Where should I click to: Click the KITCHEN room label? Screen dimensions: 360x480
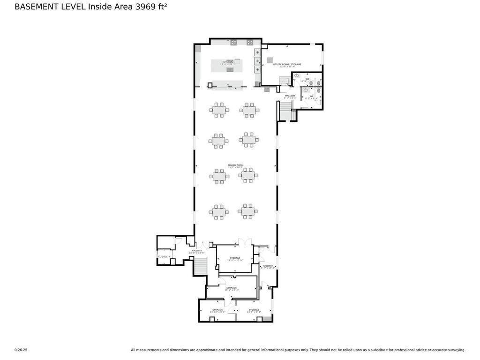click(x=228, y=62)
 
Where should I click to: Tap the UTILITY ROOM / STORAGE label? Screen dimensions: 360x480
click(x=287, y=65)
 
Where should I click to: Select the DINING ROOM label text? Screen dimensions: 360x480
click(x=236, y=165)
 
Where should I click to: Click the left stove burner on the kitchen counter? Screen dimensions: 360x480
click(x=233, y=43)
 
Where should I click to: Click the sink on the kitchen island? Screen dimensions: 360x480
click(x=230, y=69)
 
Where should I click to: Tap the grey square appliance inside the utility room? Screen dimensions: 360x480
click(x=270, y=60)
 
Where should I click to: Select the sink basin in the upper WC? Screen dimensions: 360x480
click(x=297, y=75)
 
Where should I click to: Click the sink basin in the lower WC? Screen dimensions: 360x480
click(x=306, y=90)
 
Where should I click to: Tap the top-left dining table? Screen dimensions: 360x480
click(x=219, y=110)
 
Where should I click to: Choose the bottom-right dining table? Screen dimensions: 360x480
click(x=248, y=211)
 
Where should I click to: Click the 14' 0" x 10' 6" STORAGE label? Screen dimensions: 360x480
click(x=235, y=258)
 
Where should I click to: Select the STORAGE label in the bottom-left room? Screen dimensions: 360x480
click(x=217, y=310)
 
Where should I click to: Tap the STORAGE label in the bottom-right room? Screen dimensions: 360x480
click(x=254, y=310)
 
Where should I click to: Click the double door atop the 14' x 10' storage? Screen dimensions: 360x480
click(x=245, y=242)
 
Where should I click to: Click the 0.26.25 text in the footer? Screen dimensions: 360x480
click(x=21, y=350)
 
